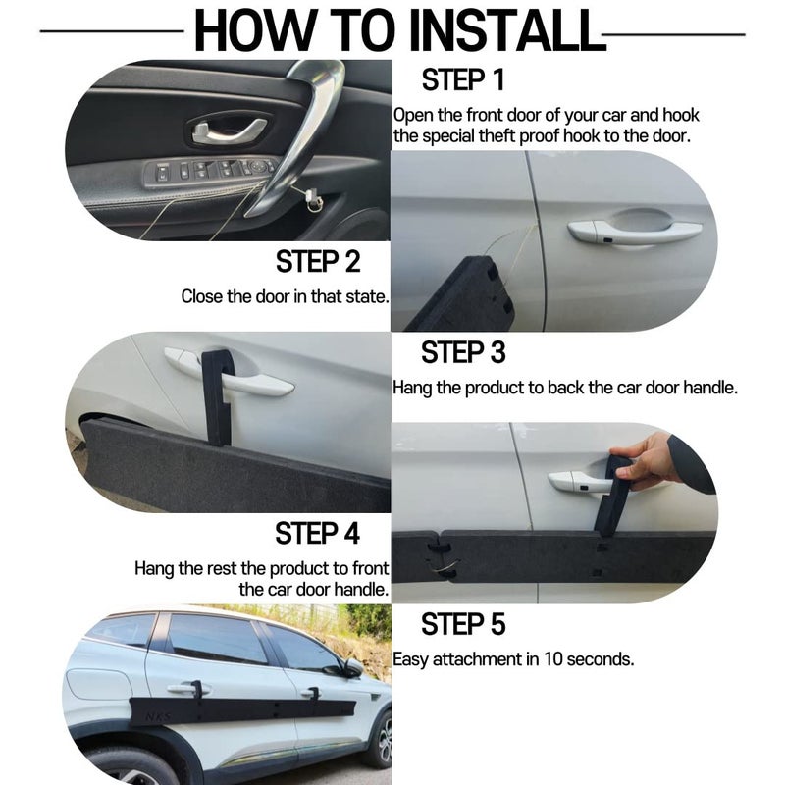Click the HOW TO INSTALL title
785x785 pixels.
click(x=397, y=30)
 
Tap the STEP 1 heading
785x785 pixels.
click(x=464, y=80)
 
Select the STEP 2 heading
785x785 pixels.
click(x=318, y=262)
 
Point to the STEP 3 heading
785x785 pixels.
click(x=464, y=352)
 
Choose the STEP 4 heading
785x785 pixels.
click(x=318, y=534)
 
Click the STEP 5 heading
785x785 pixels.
click(x=464, y=624)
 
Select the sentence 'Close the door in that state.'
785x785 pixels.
click(x=285, y=296)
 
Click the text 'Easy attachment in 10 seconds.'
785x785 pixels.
click(x=513, y=659)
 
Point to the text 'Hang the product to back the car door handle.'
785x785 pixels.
click(x=565, y=388)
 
